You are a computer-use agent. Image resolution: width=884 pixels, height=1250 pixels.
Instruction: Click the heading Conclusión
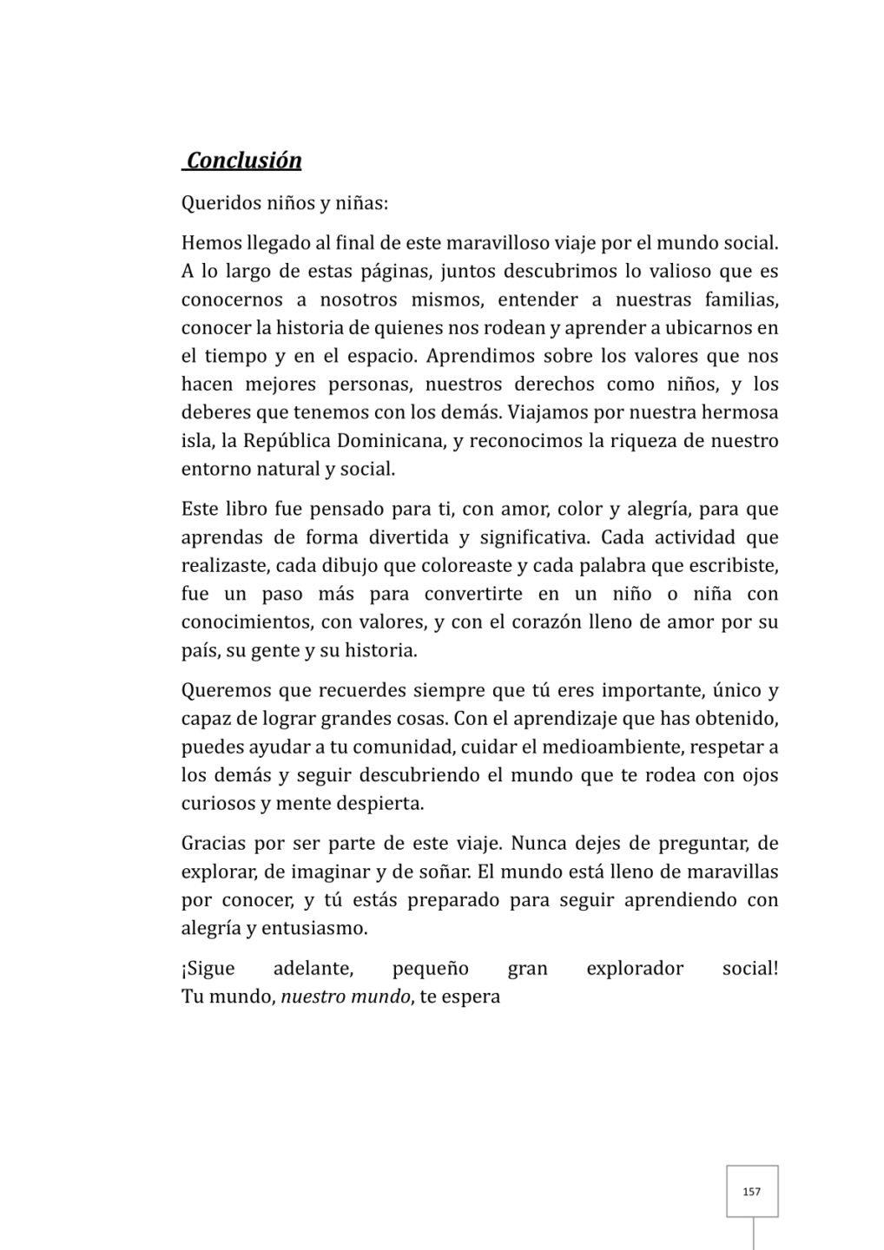point(244,161)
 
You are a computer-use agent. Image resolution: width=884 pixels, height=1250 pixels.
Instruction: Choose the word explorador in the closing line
point(635,969)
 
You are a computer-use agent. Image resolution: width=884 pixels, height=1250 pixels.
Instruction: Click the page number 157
point(752,1192)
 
